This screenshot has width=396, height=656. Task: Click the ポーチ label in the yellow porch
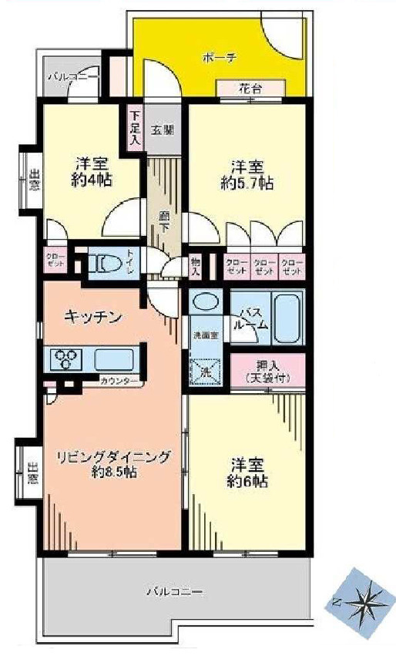pyautogui.click(x=217, y=57)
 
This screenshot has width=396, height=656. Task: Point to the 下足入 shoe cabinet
pyautogui.click(x=134, y=129)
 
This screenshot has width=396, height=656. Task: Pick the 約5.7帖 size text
pyautogui.click(x=247, y=183)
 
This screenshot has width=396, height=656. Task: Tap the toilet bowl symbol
pyautogui.click(x=106, y=264)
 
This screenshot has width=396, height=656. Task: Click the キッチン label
pyautogui.click(x=93, y=315)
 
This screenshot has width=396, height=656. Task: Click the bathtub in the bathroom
pyautogui.click(x=288, y=317)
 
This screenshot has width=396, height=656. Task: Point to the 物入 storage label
pyautogui.click(x=196, y=267)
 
